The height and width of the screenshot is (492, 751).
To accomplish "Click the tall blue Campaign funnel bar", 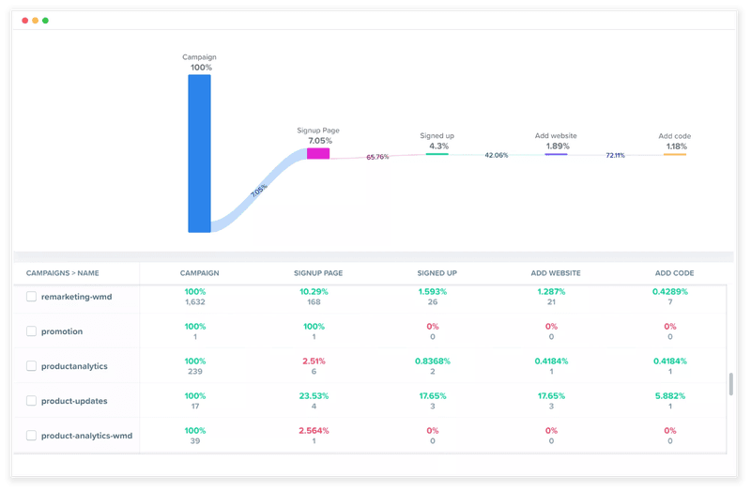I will point(199,153).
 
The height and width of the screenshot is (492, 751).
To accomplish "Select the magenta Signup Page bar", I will point(318,153).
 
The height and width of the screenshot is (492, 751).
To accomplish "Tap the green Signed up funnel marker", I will point(437,154).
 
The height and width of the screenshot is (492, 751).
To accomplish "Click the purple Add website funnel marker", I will point(556,154).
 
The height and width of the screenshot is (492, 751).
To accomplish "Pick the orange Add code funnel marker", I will point(674,154).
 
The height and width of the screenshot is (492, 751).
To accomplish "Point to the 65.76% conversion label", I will point(377,157).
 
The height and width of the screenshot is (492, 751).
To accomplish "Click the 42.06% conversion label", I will point(496,155).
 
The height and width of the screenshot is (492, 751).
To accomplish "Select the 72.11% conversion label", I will point(615,155).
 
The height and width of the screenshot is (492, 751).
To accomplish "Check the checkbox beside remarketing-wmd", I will point(32,296).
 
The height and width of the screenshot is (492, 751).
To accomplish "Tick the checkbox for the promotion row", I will point(32,331).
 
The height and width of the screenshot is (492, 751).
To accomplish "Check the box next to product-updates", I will point(32,401).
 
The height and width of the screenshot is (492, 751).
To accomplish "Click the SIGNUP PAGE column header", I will point(318,273).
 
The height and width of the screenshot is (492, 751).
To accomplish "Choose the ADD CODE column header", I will point(674,273).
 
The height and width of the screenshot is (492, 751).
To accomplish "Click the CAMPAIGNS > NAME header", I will point(63,273).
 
